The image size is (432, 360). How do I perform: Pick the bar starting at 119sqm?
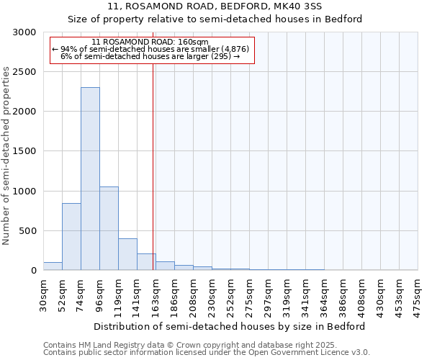[127, 254]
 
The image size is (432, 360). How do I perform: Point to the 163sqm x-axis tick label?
[156, 293]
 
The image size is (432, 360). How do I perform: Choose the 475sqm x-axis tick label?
[418, 293]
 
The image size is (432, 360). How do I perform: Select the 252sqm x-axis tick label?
[230, 293]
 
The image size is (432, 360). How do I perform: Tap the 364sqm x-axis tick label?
[324, 293]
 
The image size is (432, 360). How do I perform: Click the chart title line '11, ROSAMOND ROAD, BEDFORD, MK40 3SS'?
[215, 6]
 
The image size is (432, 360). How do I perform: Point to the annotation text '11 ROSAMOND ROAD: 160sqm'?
[150, 42]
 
